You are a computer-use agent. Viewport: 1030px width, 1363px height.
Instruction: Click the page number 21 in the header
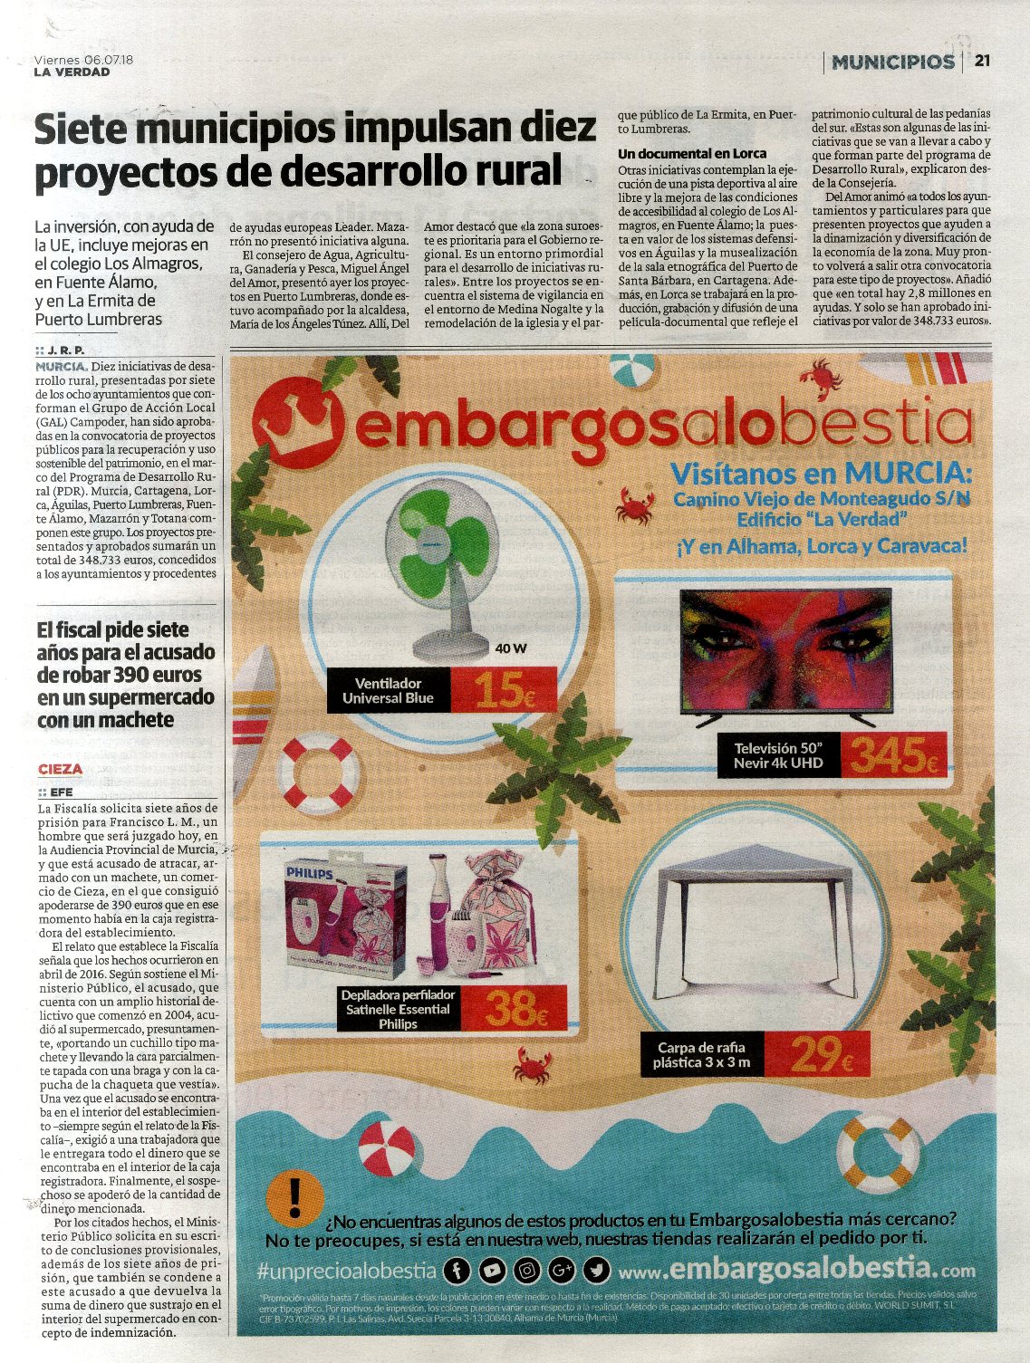tap(982, 62)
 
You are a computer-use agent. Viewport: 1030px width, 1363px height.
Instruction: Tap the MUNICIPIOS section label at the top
tap(893, 62)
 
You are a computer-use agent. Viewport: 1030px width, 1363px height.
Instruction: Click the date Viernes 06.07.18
tap(83, 59)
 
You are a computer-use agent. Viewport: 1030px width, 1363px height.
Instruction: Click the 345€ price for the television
tap(893, 755)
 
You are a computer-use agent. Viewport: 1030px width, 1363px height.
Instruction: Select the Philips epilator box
tap(345, 919)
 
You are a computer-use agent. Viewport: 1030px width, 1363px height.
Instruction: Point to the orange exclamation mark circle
tap(294, 1195)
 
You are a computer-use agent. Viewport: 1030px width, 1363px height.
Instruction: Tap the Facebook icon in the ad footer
tap(457, 1271)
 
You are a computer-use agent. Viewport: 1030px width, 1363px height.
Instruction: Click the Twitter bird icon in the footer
tap(596, 1271)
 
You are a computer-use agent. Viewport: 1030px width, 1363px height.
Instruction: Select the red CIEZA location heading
tap(61, 769)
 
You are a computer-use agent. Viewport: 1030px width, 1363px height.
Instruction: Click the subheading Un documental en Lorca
tap(692, 153)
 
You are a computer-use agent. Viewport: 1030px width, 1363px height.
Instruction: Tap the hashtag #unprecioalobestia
tap(347, 1271)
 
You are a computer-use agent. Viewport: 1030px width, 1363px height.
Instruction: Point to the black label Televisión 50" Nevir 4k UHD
tap(778, 755)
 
